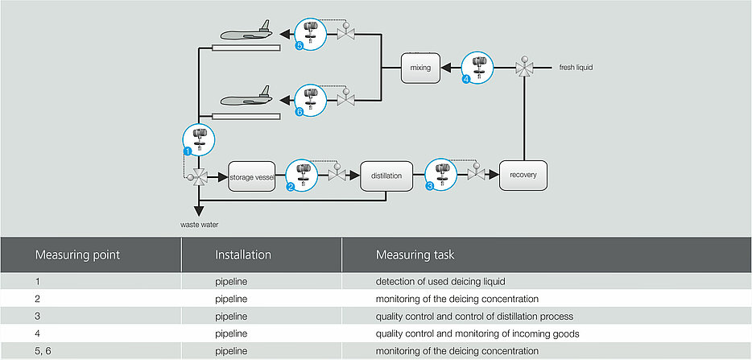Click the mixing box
coord(420,68)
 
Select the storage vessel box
coord(252,176)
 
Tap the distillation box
coord(386,176)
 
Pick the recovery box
coord(523,176)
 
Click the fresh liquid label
coord(576,68)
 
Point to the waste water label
coord(200,224)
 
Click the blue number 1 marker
coord(188,151)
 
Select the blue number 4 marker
coord(467,80)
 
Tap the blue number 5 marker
coord(300,46)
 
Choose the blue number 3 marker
coord(430,188)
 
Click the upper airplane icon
coord(246,31)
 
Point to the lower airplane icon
coord(246,97)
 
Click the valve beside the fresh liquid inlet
coord(524,68)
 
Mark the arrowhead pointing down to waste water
coord(199,212)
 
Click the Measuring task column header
coord(415,254)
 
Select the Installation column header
coord(243,254)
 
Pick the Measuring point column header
coord(77,254)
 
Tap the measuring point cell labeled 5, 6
coord(42,351)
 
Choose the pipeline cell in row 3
coord(231,317)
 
